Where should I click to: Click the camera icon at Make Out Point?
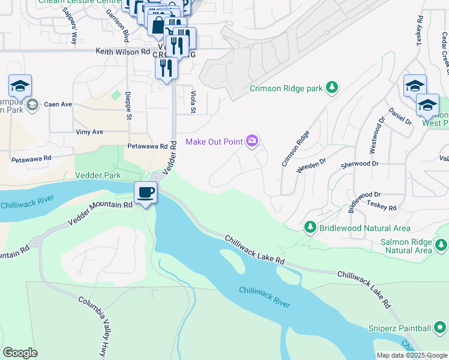(x=253, y=142)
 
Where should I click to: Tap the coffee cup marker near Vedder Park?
(x=145, y=193)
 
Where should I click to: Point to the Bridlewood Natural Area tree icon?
(x=310, y=228)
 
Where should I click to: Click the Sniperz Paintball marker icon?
(x=440, y=328)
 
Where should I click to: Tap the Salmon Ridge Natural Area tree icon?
(x=441, y=245)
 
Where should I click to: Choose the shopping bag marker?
(x=157, y=27)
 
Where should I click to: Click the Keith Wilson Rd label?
(x=122, y=52)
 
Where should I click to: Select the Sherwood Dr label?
(x=360, y=163)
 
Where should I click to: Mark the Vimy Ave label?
(x=89, y=131)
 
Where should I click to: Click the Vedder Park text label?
(x=98, y=175)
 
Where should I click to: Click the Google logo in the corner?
(x=20, y=352)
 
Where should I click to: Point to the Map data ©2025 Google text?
(x=411, y=355)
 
